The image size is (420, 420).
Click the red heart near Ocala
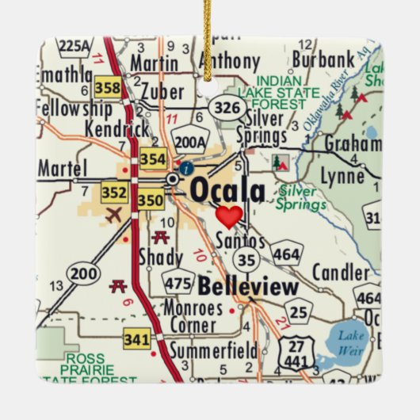point(229,216)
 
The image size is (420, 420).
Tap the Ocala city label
point(227,191)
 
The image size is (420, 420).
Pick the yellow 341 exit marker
point(136,340)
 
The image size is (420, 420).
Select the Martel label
point(60,167)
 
